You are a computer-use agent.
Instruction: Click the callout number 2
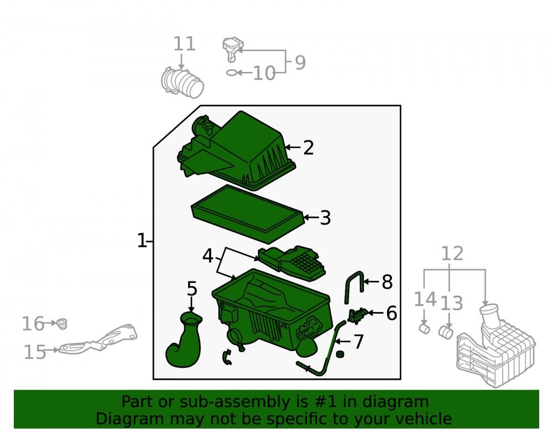308,148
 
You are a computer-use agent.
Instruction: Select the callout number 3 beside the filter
325,217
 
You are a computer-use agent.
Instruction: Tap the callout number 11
184,44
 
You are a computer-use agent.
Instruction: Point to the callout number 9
300,63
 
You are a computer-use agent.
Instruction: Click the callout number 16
33,324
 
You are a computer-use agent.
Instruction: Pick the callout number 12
452,253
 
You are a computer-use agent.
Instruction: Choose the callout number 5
192,289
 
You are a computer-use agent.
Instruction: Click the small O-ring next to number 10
231,72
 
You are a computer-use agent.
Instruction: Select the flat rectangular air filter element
248,214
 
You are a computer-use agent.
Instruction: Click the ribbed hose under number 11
182,82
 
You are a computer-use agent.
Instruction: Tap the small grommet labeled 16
62,324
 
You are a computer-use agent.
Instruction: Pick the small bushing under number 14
425,329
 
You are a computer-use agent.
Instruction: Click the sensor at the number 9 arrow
232,49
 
